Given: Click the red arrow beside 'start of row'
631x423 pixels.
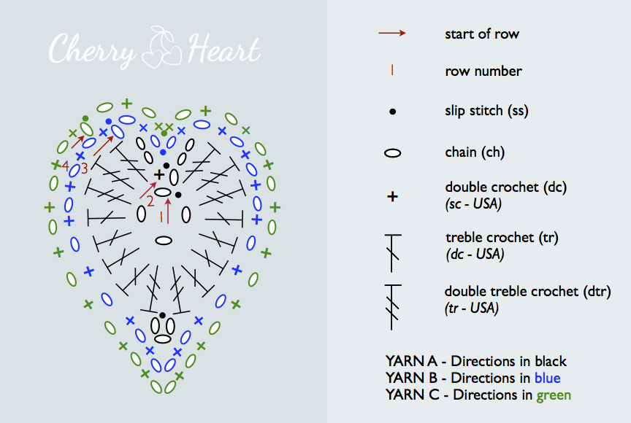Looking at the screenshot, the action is (392, 33).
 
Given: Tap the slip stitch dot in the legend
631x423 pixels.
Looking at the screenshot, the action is (393, 112).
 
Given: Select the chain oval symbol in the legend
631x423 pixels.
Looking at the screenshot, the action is (393, 153).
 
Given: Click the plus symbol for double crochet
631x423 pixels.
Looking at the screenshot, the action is (393, 196).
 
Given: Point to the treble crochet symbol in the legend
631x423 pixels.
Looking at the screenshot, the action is (393, 247).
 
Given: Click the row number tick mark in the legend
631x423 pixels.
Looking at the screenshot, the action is (393, 71).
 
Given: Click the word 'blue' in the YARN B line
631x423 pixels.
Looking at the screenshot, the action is (547, 378).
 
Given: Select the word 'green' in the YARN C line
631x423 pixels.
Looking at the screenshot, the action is (554, 395).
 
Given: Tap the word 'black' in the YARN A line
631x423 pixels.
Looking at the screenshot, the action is (550, 361).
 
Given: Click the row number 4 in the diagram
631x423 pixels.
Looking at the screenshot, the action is (66, 166).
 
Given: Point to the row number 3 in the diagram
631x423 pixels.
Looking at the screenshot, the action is (84, 168).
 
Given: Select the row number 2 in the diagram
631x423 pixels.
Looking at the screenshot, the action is (150, 200).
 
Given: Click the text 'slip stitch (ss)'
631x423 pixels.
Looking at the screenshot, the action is (486, 111).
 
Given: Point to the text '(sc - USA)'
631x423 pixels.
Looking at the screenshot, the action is (473, 203).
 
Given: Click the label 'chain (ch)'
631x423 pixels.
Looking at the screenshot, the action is (475, 152).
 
